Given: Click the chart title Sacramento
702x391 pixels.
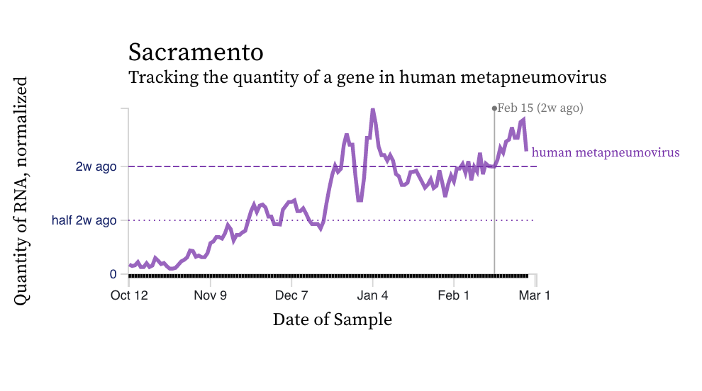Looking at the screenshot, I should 195,52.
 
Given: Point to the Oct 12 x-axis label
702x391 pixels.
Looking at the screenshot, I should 129,295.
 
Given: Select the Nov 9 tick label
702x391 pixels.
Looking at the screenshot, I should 210,295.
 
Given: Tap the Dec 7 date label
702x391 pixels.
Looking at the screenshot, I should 291,295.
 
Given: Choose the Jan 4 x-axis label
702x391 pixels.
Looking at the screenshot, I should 373,295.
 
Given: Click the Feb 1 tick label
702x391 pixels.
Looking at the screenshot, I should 454,295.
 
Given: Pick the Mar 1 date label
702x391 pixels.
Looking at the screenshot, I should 535,295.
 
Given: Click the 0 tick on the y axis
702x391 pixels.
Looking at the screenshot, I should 113,274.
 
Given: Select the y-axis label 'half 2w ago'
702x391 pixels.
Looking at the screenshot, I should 84,220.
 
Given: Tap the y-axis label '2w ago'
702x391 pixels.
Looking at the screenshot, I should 96,167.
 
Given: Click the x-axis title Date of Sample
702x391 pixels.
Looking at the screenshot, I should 332,319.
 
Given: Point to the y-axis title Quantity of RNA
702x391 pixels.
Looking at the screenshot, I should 21,191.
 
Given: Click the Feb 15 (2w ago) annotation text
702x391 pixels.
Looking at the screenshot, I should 540,108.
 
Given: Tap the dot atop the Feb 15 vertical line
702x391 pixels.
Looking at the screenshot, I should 494,108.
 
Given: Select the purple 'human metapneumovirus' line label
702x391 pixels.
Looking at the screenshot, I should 606,152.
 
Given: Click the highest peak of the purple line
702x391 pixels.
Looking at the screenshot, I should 373,110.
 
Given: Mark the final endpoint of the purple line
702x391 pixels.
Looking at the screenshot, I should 526,150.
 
